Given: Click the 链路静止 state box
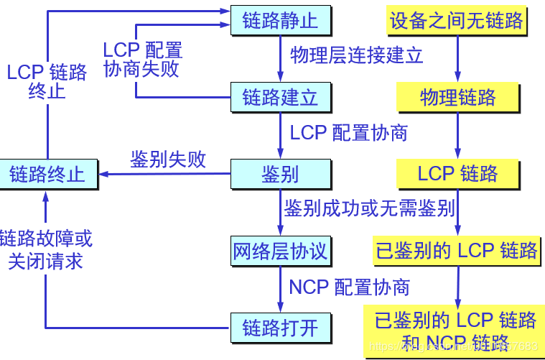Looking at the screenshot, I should click(x=280, y=19).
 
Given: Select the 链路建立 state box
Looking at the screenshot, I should click(x=280, y=97).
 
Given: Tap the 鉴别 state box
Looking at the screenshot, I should click(x=280, y=173).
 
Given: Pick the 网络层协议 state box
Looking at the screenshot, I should click(x=280, y=251).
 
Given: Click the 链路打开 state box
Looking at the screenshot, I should click(x=280, y=328).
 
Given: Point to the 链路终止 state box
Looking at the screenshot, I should click(x=47, y=174).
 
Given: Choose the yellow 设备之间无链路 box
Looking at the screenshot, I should click(x=457, y=19).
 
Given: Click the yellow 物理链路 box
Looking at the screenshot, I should click(x=457, y=97).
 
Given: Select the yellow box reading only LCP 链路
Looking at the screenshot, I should click(x=457, y=173).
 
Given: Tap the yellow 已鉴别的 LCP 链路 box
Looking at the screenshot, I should click(x=457, y=250).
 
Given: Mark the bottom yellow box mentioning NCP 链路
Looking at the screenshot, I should click(x=455, y=330).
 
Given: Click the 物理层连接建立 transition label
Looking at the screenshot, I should click(x=356, y=55).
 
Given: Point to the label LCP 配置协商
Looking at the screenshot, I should click(x=349, y=133).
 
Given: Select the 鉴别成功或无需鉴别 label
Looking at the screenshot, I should click(x=369, y=209).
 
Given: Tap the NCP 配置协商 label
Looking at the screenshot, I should click(x=349, y=287).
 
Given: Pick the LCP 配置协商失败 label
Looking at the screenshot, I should click(x=142, y=60).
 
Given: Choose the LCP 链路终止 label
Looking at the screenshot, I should click(x=47, y=82).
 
